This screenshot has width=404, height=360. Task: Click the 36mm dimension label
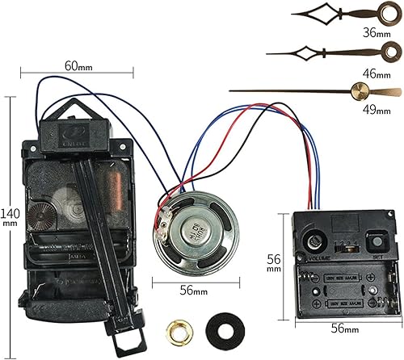(374, 34)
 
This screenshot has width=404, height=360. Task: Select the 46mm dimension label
(374, 74)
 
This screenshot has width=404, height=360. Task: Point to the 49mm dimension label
(374, 111)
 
